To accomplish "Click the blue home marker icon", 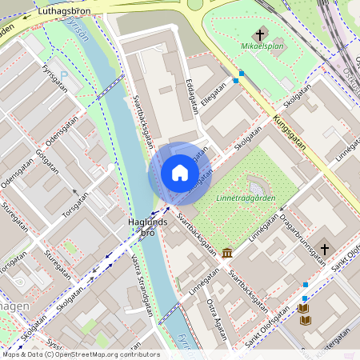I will (x=179, y=173).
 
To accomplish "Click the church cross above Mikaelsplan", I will (x=259, y=34).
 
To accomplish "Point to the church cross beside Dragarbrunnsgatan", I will (x=324, y=249).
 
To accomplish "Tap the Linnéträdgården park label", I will (x=245, y=197).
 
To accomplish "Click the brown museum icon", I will (x=228, y=254).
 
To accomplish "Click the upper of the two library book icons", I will (x=304, y=307).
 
